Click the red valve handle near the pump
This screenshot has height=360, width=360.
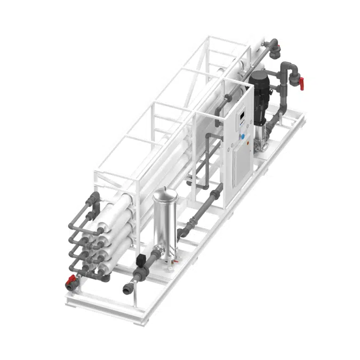point(301,83)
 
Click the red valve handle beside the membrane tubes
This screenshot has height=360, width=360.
point(69,280)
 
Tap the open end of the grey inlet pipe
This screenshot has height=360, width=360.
point(127,290)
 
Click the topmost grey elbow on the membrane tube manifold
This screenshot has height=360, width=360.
point(94,198)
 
